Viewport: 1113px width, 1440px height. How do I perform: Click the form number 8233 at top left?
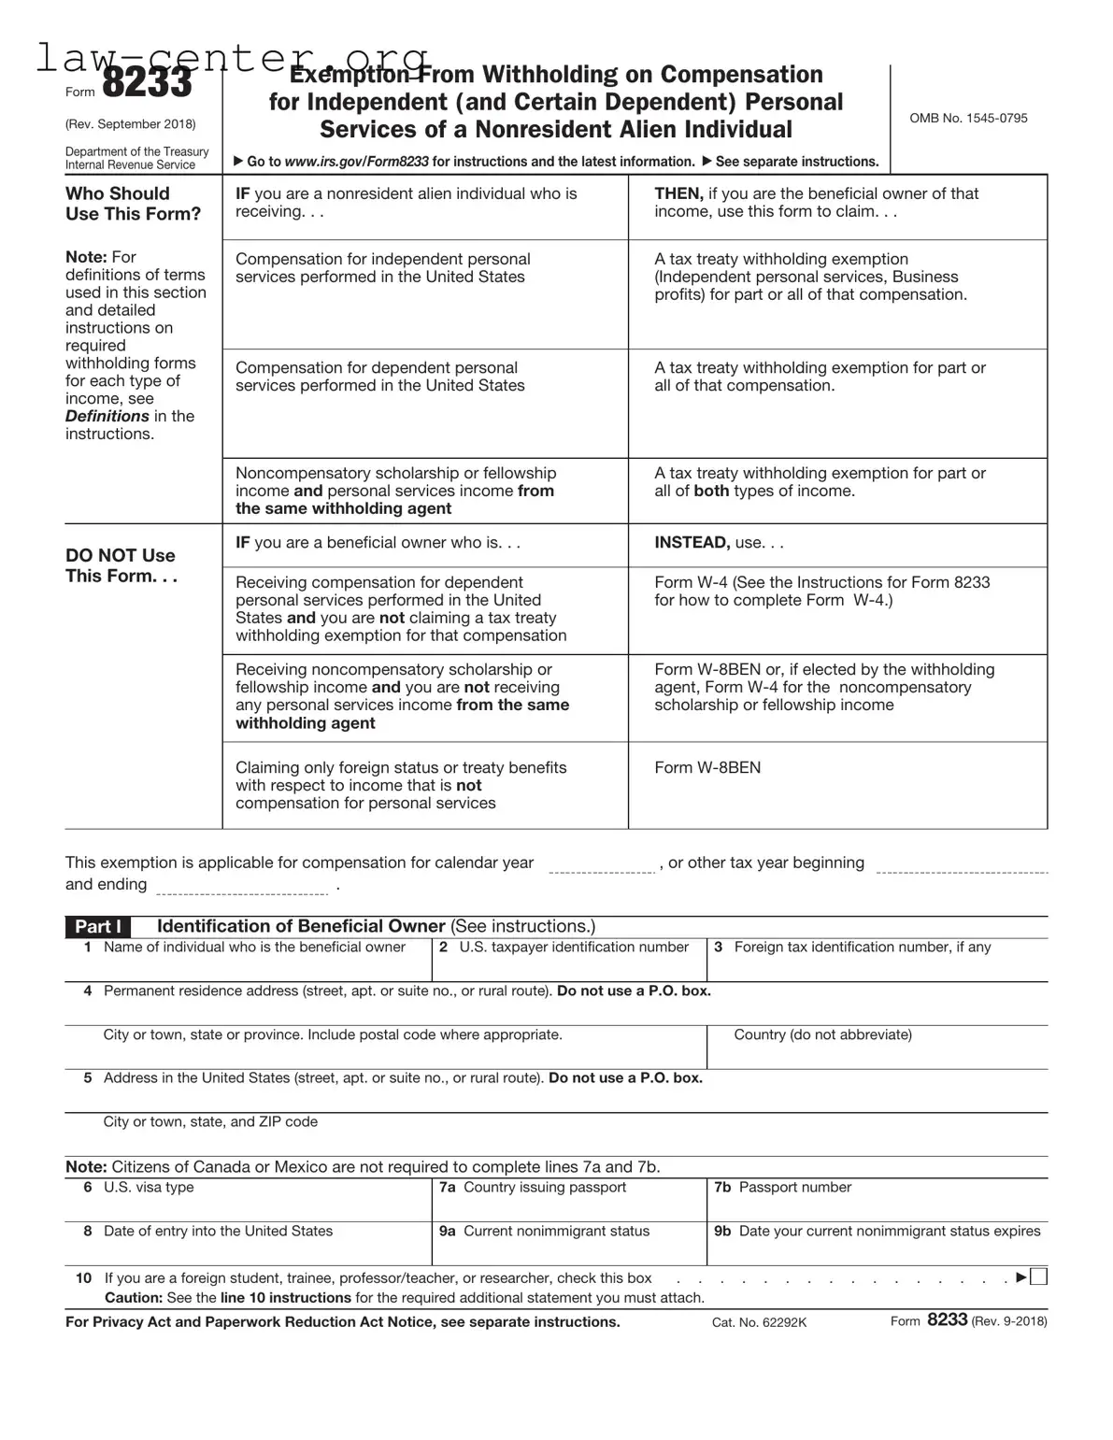[x=146, y=85]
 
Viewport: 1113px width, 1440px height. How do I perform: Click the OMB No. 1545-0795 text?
[x=968, y=119]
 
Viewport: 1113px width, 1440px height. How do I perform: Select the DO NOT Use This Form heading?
[x=121, y=565]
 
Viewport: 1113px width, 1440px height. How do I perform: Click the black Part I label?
[x=97, y=926]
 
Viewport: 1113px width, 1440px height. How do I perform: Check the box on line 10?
[x=1039, y=1277]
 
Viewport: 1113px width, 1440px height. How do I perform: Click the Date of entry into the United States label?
[x=218, y=1232]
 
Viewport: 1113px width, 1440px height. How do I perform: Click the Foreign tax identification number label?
[x=862, y=948]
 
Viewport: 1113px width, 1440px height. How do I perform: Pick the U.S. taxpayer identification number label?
[x=573, y=948]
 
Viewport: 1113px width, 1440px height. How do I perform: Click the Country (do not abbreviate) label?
[x=822, y=1035]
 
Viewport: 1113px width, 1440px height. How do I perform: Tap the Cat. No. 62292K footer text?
[x=759, y=1322]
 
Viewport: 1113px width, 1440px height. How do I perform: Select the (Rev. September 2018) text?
[x=131, y=124]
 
